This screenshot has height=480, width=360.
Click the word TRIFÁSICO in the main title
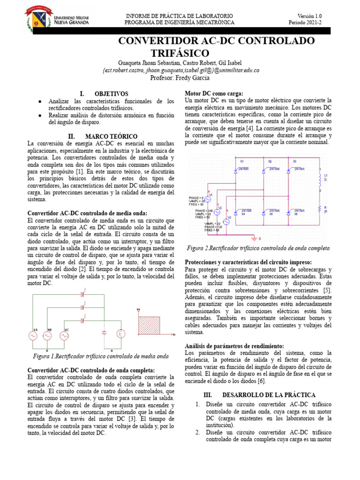pyautogui.click(x=180, y=53)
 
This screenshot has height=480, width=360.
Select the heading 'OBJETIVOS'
pyautogui.click(x=111, y=94)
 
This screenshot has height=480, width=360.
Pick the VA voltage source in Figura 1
pyautogui.click(x=33, y=335)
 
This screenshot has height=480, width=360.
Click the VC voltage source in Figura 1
pyautogui.click(x=64, y=335)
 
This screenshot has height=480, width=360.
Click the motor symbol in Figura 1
pyautogui.click(x=120, y=334)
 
